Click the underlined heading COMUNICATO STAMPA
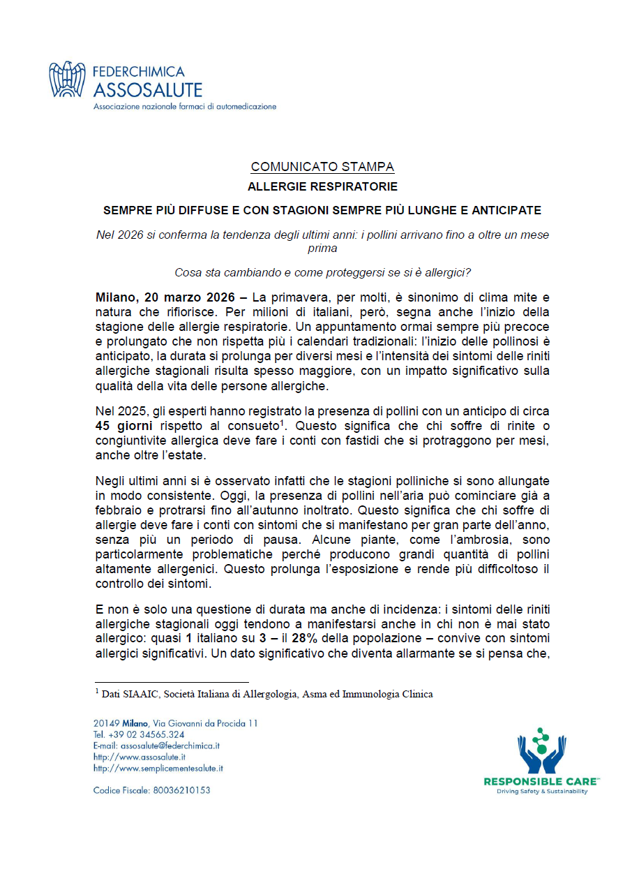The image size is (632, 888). (x=322, y=167)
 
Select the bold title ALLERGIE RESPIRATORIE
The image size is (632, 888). (x=322, y=187)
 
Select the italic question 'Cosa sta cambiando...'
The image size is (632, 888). (x=322, y=272)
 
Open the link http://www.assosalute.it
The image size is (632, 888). (x=140, y=757)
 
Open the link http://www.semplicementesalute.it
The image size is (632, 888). (x=158, y=768)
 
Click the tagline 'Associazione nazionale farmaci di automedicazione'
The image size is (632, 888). (x=185, y=107)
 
